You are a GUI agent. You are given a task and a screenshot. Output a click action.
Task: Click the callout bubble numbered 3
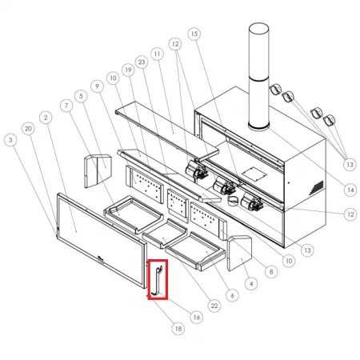(x=10, y=140)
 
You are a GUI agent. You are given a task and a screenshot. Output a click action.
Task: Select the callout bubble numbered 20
(x=28, y=129)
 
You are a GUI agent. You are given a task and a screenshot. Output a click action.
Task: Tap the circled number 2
(x=46, y=118)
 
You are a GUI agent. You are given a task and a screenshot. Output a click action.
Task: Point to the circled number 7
(x=66, y=106)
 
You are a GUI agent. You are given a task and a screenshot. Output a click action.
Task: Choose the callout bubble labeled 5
(x=81, y=96)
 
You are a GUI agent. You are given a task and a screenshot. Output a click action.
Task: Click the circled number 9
(x=97, y=86)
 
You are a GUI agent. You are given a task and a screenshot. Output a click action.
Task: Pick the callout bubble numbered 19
(x=129, y=70)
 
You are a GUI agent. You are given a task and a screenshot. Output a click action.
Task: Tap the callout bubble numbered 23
(x=142, y=62)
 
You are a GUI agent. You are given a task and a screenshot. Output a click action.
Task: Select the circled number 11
(x=157, y=54)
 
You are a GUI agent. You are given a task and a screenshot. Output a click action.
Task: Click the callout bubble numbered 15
(x=194, y=34)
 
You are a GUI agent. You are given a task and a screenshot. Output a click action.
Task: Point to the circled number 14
(x=350, y=190)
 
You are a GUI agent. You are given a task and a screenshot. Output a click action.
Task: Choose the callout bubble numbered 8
(x=271, y=272)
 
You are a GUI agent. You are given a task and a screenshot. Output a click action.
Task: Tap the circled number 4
(x=251, y=284)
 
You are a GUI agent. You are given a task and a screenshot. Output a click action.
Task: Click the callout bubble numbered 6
(x=232, y=295)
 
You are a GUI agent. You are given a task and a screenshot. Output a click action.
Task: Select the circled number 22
(x=214, y=306)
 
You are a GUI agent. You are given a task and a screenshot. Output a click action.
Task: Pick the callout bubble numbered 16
(x=197, y=318)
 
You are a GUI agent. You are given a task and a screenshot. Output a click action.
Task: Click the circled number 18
(x=178, y=329)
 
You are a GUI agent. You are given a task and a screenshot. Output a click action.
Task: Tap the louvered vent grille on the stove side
(x=317, y=187)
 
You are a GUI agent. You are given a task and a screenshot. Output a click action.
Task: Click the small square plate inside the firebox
(x=254, y=174)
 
